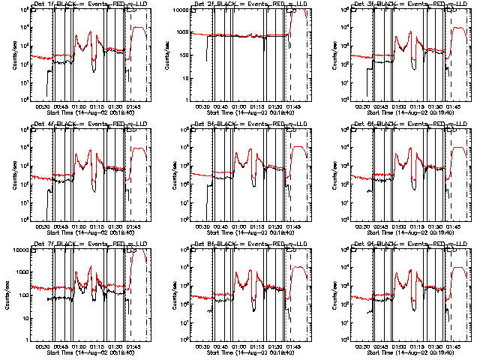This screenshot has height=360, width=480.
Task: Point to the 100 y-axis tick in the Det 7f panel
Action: [22, 295]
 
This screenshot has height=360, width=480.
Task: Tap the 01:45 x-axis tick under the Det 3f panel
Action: [454, 106]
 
